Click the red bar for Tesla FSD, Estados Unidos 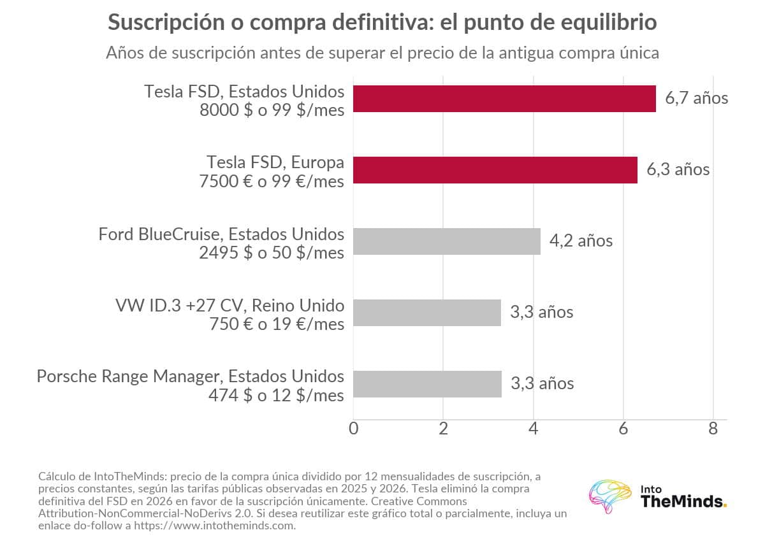tap(504, 99)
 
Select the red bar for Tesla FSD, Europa tap(495, 170)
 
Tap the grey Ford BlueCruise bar tap(447, 241)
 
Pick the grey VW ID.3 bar tap(427, 313)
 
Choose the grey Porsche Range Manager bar tap(427, 384)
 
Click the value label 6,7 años tap(697, 98)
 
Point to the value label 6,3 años tap(678, 169)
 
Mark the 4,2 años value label tap(581, 241)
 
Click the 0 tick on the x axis tap(353, 429)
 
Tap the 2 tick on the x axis tap(443, 429)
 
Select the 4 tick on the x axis tap(534, 429)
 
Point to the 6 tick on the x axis tap(623, 429)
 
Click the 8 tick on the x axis tap(713, 429)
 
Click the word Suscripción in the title tap(166, 22)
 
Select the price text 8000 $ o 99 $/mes tap(272, 110)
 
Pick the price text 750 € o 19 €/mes tap(277, 324)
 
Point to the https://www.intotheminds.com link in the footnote tap(214, 526)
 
